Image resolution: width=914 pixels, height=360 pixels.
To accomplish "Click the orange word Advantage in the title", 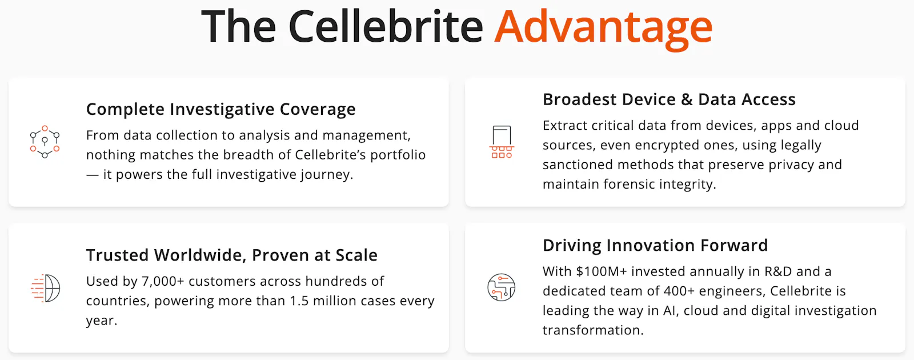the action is tap(603, 29).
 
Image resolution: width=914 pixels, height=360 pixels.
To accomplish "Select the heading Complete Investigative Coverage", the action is tap(221, 109).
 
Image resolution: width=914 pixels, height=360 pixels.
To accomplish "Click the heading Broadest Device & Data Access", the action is tap(669, 99).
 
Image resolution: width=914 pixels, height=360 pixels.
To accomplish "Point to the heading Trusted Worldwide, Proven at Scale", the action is tap(232, 255).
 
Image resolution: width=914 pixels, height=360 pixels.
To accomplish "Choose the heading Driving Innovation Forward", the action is tap(655, 245).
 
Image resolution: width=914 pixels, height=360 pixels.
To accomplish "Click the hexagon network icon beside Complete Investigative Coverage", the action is tap(45, 142).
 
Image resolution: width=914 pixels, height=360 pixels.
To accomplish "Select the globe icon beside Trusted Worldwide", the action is tap(45, 288).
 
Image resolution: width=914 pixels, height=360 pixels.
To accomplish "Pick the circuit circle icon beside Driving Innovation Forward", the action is tap(502, 287).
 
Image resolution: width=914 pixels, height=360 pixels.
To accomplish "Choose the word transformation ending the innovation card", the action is tap(593, 330).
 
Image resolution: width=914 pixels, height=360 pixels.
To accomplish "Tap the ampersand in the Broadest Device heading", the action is tap(687, 99).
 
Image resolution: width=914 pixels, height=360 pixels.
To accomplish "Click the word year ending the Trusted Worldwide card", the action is tap(102, 321).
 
